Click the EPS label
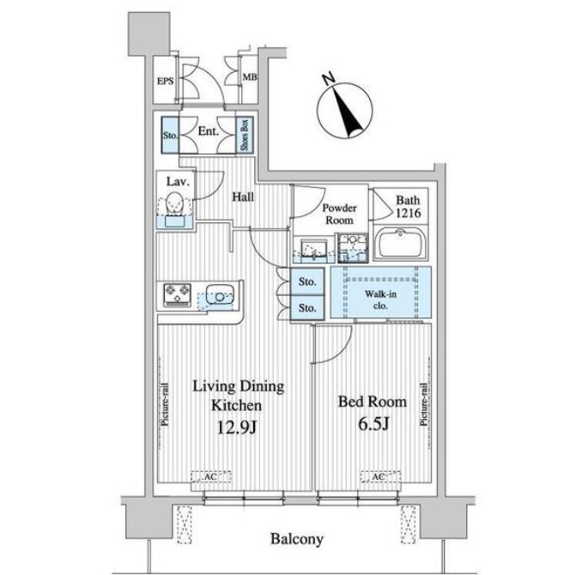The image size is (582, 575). click(165, 81)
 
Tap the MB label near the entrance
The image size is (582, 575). click(250, 77)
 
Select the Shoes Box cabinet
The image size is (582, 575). click(245, 135)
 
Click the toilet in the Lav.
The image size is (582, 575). click(174, 203)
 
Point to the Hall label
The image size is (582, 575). click(243, 197)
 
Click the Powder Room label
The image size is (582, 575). click(339, 214)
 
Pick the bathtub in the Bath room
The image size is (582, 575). click(400, 244)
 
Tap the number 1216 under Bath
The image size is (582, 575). click(408, 213)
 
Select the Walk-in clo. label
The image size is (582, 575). click(380, 300)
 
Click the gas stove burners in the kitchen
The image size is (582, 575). click(178, 295)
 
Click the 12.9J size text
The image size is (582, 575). click(236, 428)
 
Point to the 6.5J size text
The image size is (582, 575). click(373, 424)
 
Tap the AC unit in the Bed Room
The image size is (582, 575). click(381, 476)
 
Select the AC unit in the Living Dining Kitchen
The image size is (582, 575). click(211, 476)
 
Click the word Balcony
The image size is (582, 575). click(296, 539)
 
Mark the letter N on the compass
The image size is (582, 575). click(328, 79)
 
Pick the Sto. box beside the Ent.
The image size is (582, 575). click(170, 135)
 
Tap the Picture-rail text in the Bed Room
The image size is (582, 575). click(423, 404)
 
